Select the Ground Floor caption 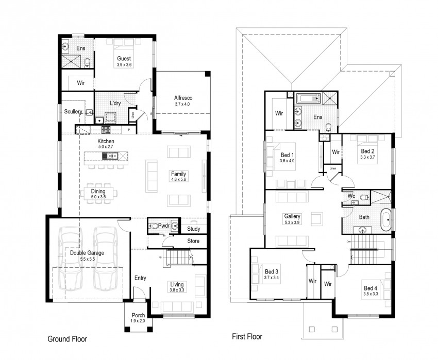[x=67, y=339]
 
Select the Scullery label [x=74, y=111]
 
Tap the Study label [x=194, y=229]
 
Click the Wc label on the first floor [x=351, y=196]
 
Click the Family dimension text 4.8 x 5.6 [x=179, y=180]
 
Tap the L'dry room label [x=114, y=103]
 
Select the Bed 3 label [x=272, y=271]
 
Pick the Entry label [x=140, y=278]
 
